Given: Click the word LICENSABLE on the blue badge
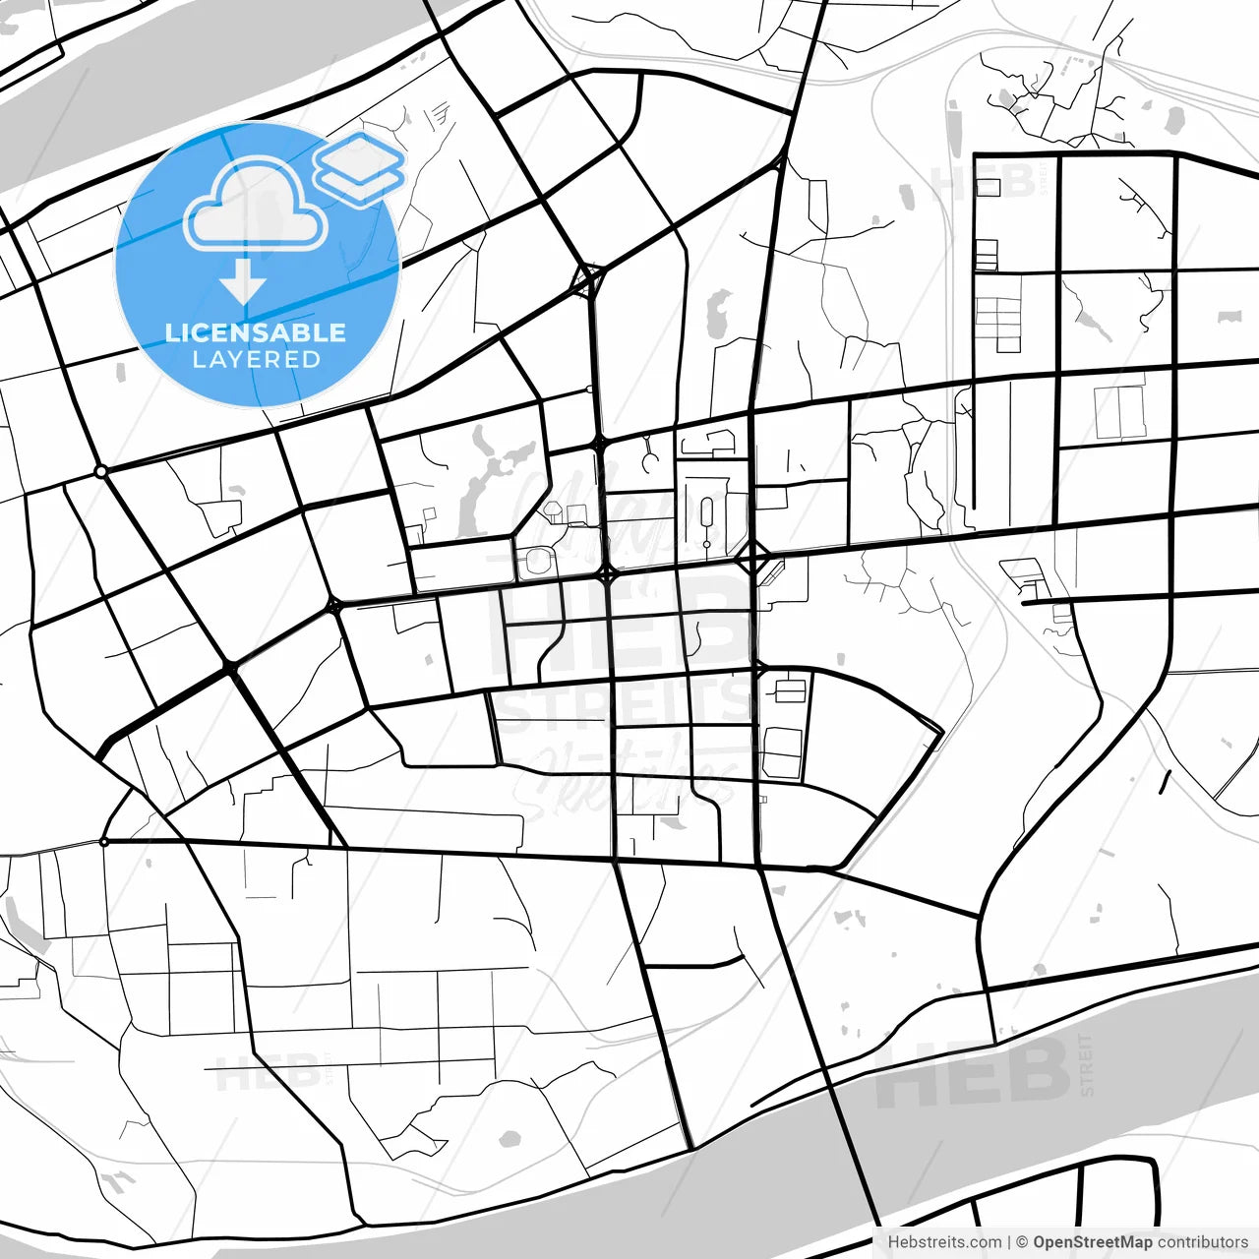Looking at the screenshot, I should coord(256,332).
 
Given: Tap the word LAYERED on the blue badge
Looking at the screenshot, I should coord(256,359).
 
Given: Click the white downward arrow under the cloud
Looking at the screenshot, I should coord(243,282).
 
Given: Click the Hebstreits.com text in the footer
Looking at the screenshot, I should coord(944,1242).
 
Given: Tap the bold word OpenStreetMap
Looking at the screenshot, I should coord(1092,1242).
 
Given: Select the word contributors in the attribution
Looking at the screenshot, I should coord(1203,1242).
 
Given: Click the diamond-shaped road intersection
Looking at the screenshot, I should coord(752,558).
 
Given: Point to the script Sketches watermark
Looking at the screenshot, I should coord(629,777).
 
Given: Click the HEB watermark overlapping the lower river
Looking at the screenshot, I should coord(974,1072).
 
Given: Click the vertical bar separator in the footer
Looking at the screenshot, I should coord(1009,1242).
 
